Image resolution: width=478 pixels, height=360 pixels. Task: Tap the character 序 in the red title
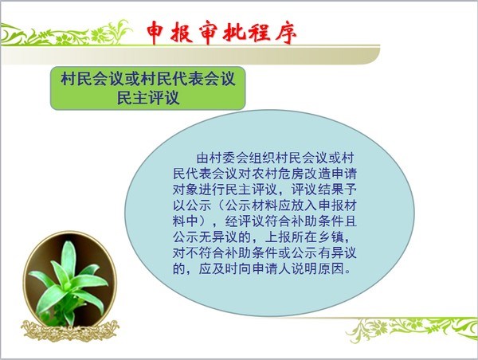(x=285, y=33)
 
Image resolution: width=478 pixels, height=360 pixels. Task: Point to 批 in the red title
(x=233, y=32)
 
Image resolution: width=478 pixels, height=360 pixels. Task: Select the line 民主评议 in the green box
(x=148, y=97)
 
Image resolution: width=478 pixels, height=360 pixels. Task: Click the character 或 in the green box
(x=132, y=78)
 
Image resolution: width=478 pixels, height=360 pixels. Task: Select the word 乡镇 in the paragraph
(x=331, y=237)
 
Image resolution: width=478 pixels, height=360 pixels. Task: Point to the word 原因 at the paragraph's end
(x=331, y=269)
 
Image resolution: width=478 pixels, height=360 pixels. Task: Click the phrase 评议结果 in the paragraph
(x=318, y=190)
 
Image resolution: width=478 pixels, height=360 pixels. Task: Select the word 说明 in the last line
(x=304, y=269)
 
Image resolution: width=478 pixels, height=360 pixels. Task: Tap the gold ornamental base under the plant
(x=70, y=331)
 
